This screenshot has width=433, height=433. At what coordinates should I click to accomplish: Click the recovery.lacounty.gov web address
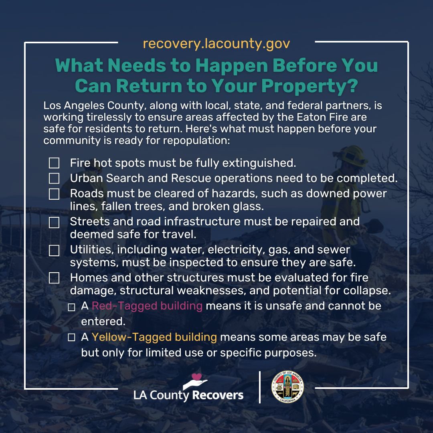click(216, 43)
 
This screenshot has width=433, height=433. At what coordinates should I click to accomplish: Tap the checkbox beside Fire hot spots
click(54, 163)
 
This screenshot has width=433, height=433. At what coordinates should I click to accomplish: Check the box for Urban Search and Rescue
click(54, 178)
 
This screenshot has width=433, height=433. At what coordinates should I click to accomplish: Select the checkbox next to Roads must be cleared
click(54, 194)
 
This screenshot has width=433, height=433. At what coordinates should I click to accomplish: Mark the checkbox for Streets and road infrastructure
click(54, 222)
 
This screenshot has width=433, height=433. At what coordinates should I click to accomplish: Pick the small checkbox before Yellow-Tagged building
click(72, 338)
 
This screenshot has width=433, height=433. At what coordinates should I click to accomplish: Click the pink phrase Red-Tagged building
click(147, 306)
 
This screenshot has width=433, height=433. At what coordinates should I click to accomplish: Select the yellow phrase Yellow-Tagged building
click(154, 337)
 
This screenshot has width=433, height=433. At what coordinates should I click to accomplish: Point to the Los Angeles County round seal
click(287, 386)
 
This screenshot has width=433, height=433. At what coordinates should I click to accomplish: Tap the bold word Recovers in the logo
click(218, 395)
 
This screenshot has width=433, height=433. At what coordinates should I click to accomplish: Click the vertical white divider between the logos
click(260, 387)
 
